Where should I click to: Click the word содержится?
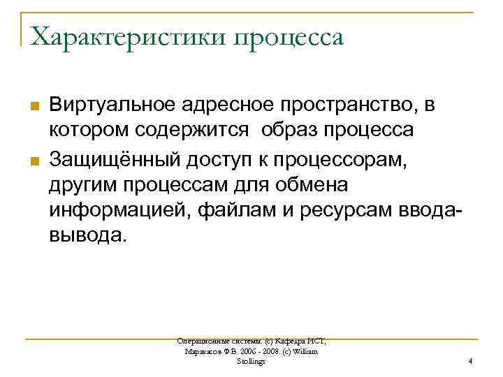tap(195, 131)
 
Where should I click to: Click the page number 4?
tap(471, 362)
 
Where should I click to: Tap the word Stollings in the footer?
tap(251, 362)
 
